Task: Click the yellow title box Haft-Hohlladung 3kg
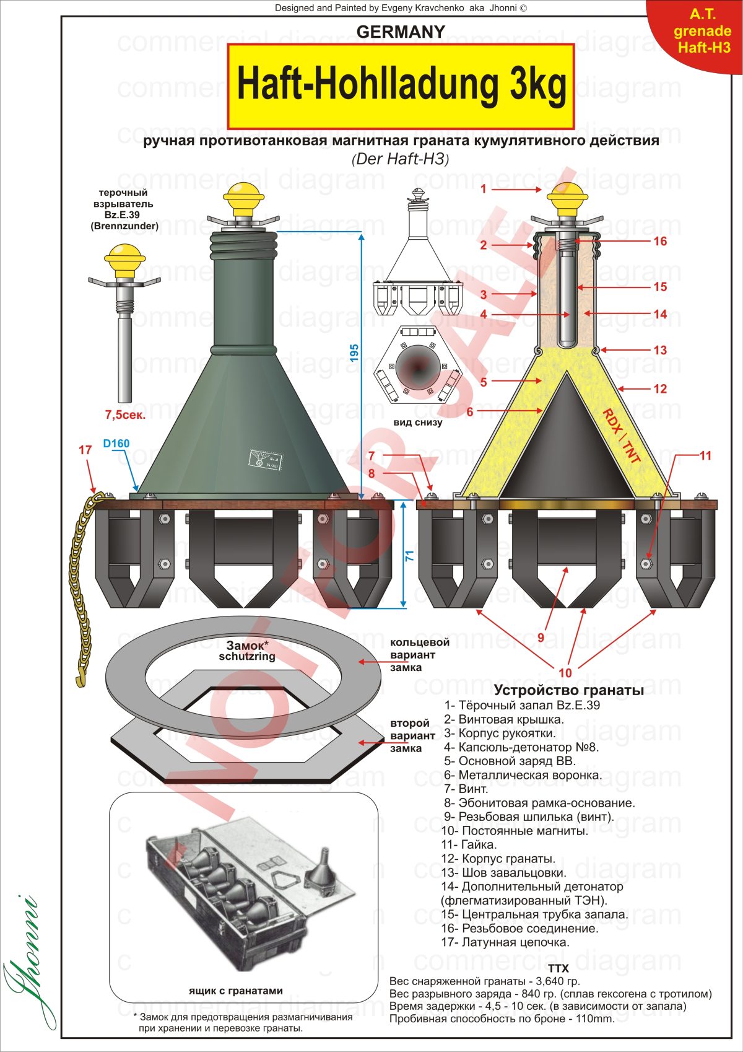(401, 85)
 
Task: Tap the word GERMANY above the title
(401, 32)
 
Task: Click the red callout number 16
(660, 241)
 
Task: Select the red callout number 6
(470, 411)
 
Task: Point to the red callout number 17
(85, 450)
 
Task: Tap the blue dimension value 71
(409, 556)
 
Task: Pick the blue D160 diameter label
(116, 444)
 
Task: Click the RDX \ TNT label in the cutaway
(622, 436)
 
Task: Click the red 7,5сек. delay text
(125, 414)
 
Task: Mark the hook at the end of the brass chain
(79, 681)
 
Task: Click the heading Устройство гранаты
(568, 690)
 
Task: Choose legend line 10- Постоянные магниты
(515, 831)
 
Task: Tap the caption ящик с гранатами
(235, 991)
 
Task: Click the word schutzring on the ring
(247, 656)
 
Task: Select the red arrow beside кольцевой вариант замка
(372, 662)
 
